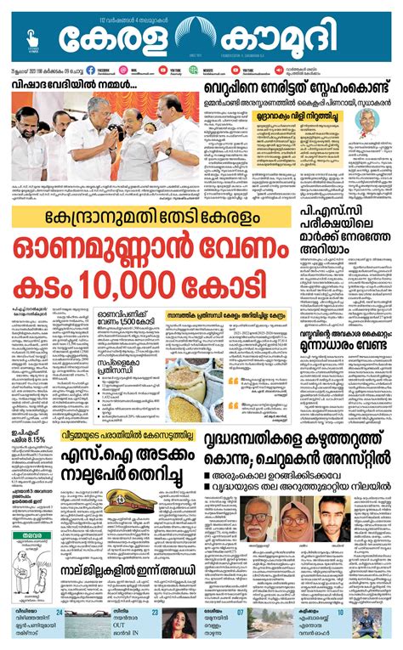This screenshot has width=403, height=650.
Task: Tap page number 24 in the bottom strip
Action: click(60, 613)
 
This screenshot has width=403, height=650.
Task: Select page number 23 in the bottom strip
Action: click(155, 613)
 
